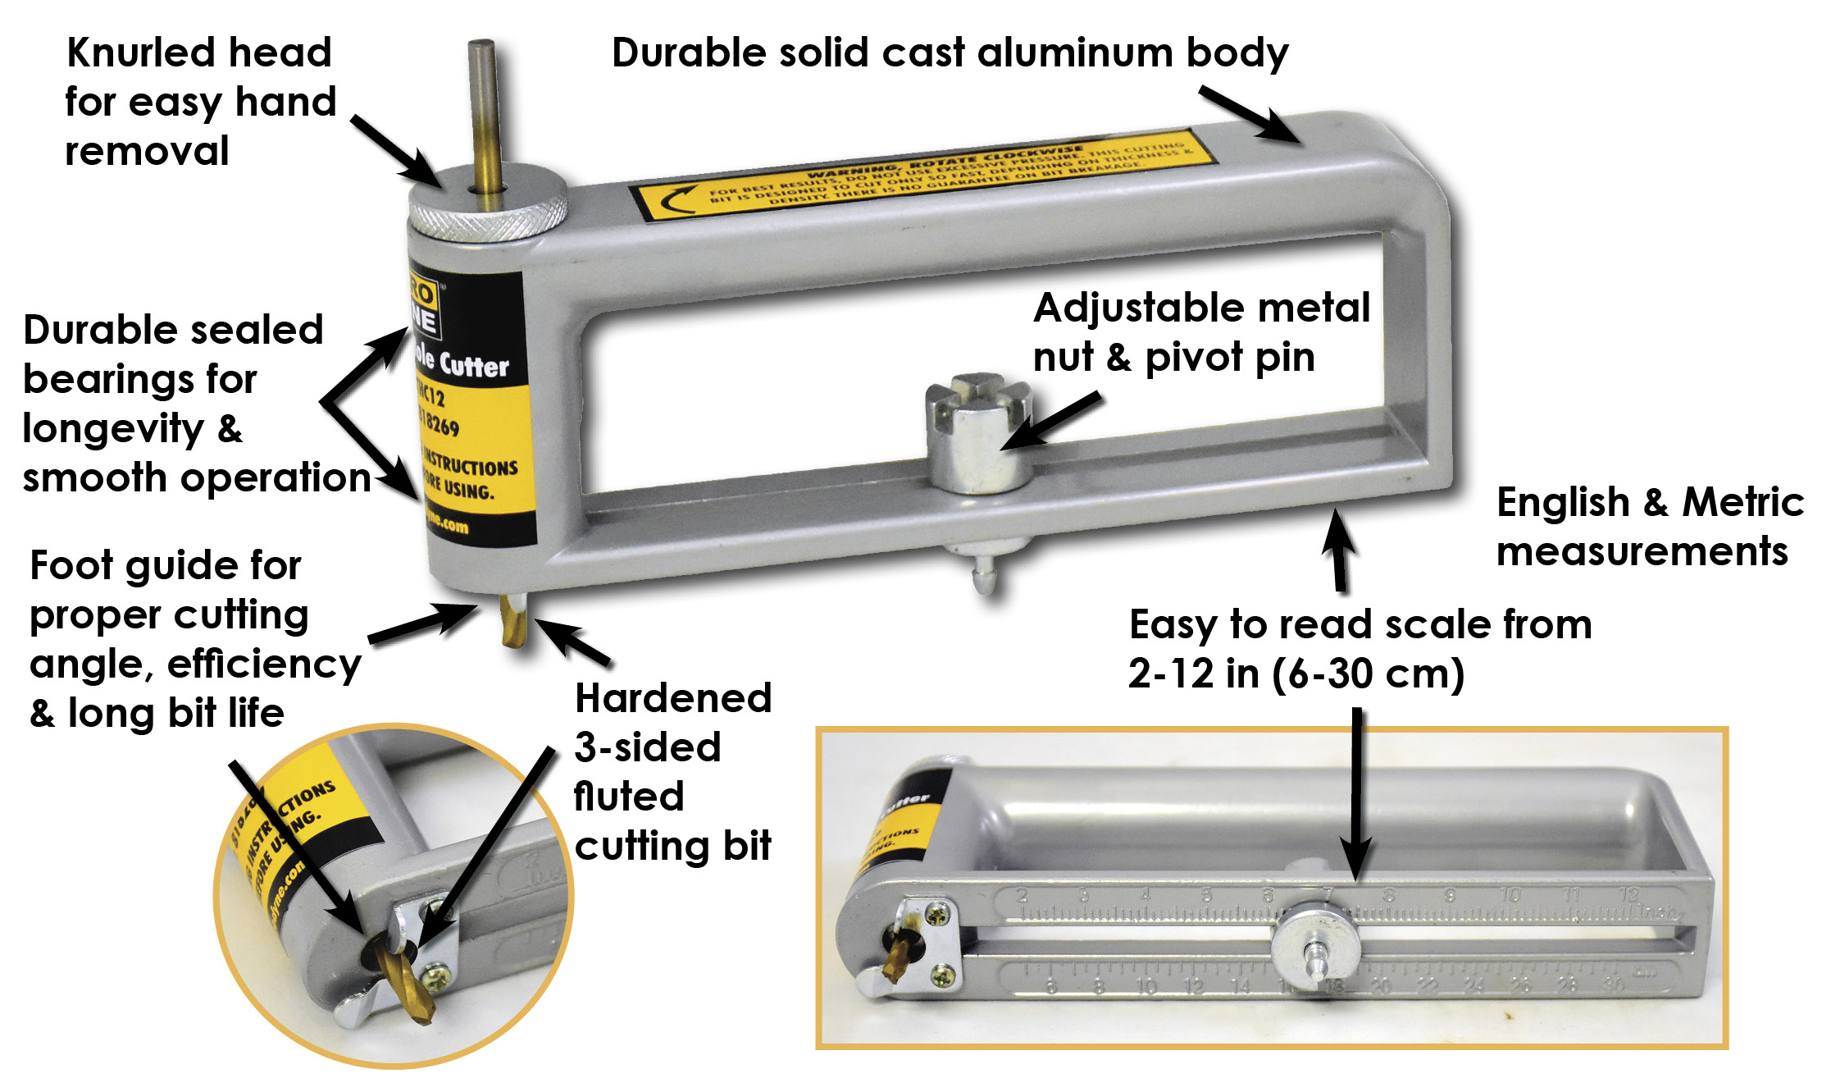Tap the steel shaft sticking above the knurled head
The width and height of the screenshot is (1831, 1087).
[483, 107]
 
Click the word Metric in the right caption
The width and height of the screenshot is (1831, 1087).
[1742, 502]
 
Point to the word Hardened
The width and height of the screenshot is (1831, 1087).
[673, 698]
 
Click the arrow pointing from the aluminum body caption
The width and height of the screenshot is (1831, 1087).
[1251, 116]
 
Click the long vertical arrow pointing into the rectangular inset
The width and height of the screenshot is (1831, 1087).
[1357, 796]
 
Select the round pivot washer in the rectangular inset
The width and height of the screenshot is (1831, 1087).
[1315, 951]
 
